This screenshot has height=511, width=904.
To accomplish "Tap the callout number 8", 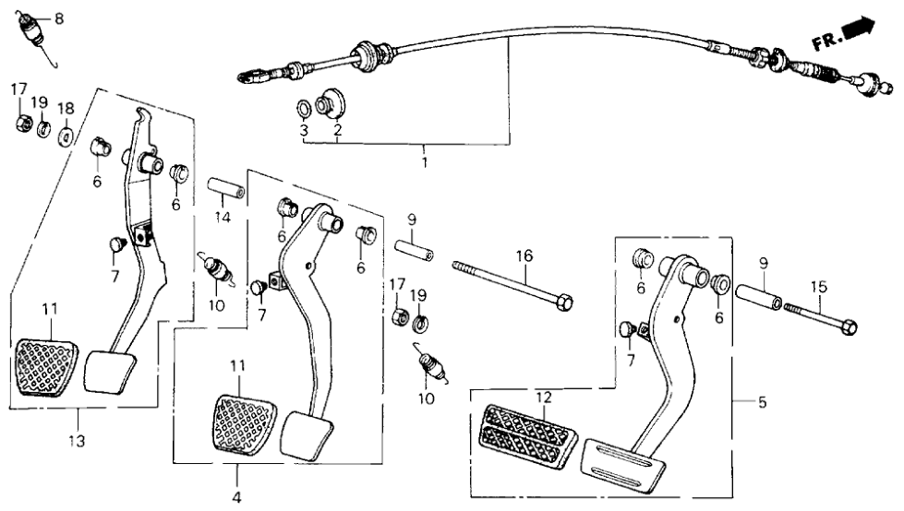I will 60,18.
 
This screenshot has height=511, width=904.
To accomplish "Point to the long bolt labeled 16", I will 512,283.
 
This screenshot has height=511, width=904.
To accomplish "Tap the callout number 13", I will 77,442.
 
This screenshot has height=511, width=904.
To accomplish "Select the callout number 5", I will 762,403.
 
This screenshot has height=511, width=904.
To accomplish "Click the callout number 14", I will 221,219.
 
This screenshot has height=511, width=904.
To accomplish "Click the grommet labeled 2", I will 331,102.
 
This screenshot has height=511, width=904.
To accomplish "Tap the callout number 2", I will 337,131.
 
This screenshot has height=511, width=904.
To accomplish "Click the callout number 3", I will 304,131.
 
